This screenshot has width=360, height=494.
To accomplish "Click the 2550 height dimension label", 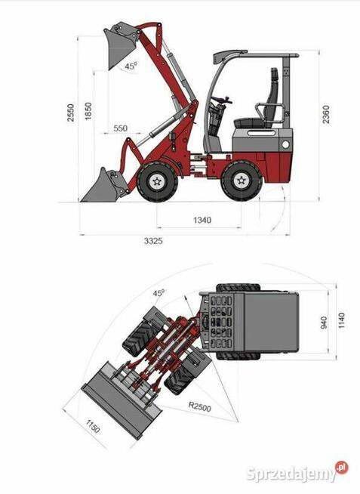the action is tap(71, 113).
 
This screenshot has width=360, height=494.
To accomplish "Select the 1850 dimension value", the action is tap(88, 111).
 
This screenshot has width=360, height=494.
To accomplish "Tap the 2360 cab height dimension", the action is tap(326, 114).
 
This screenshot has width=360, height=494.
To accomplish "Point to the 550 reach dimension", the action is tap(121, 128).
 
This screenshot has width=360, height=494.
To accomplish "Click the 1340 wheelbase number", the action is tap(202, 220).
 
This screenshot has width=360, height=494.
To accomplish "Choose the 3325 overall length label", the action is tap(153, 241).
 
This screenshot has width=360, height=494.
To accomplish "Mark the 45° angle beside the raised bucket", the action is tap(131, 66).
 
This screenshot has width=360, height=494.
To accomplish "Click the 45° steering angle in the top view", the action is tap(159, 292).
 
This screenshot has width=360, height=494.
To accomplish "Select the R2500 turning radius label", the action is tap(199, 406).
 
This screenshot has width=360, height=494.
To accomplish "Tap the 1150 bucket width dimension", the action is tap(93, 426).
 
